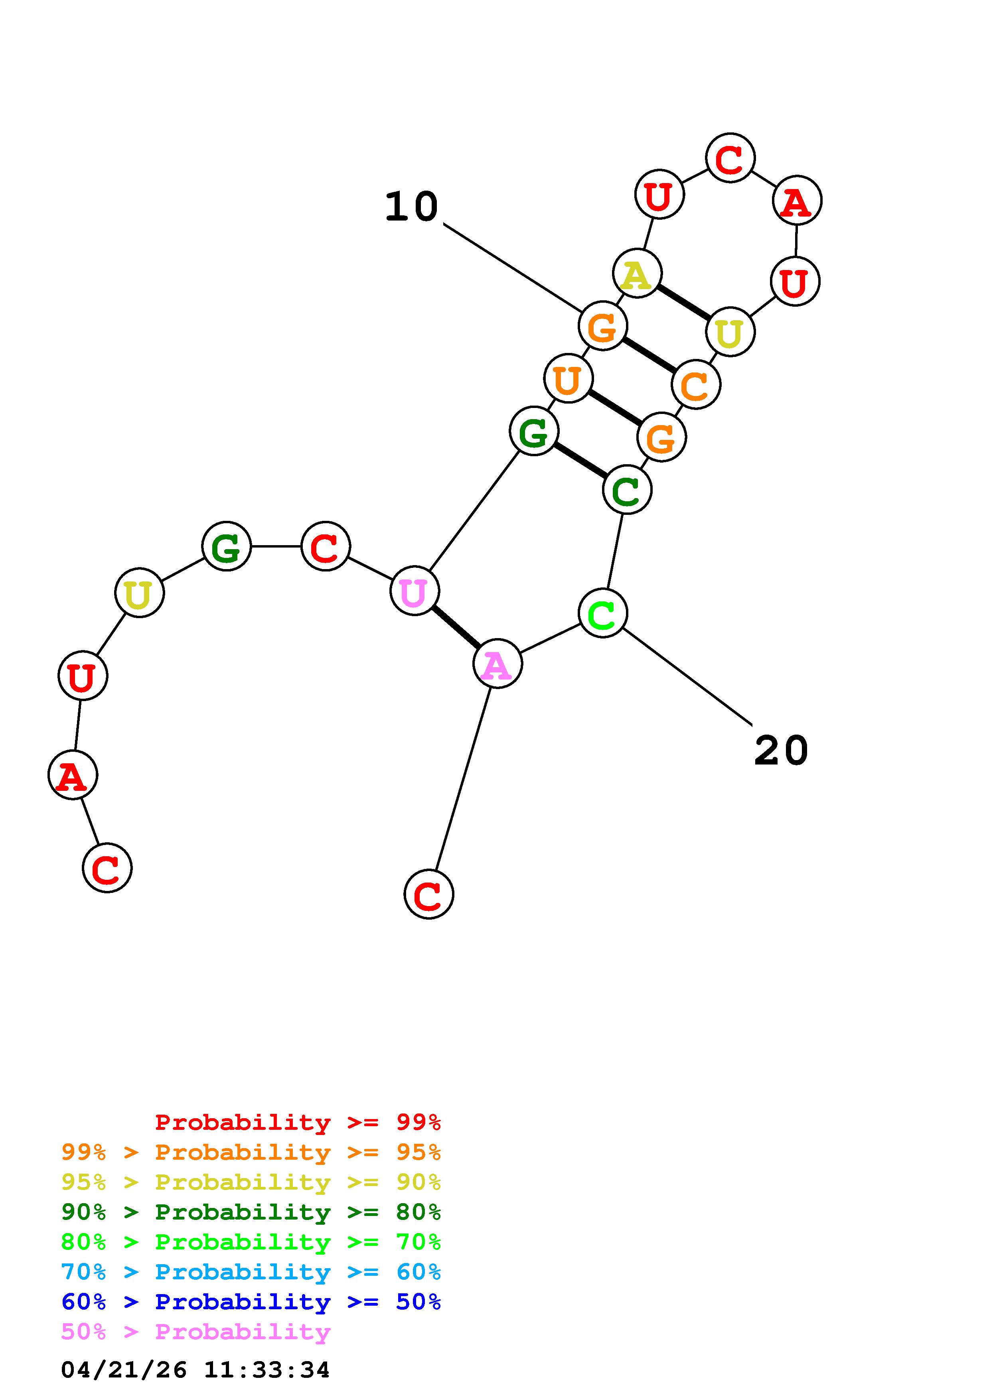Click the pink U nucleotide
(x=415, y=591)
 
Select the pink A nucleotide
(x=497, y=664)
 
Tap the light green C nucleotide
(x=603, y=613)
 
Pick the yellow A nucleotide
(x=637, y=274)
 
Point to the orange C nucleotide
(x=696, y=384)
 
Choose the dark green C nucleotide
(x=627, y=490)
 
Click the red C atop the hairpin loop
(x=730, y=158)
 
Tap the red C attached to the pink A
(x=428, y=894)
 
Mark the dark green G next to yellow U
(x=226, y=547)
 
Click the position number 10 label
(x=411, y=207)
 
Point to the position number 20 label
(x=781, y=750)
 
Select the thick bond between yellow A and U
(x=683, y=302)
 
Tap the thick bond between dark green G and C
(x=580, y=460)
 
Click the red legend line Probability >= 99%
(x=297, y=1122)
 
